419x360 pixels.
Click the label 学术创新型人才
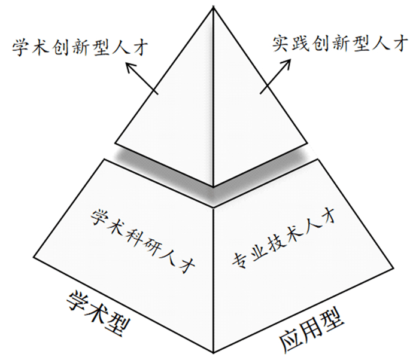pos(81,46)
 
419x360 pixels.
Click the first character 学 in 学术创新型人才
pos(20,46)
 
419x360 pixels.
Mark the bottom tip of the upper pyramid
pos(214,187)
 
